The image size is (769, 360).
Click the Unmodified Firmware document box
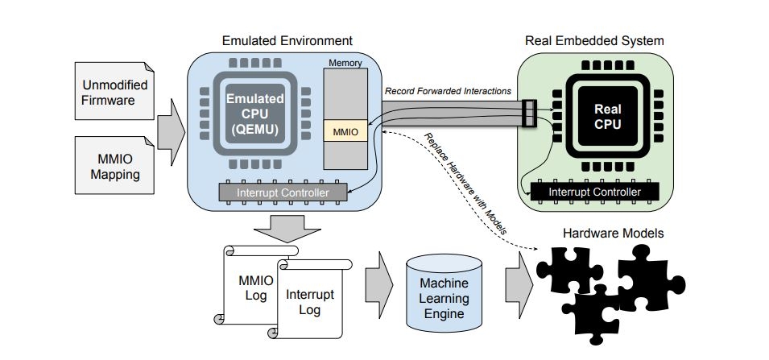[x=108, y=93]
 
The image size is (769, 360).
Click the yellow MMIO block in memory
[x=344, y=130]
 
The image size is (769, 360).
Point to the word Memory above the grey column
[x=345, y=63]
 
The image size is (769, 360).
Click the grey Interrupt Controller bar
[x=283, y=192]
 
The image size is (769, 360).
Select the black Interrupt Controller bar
[x=593, y=192]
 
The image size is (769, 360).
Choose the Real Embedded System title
[x=594, y=40]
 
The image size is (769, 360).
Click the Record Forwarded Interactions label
[x=447, y=91]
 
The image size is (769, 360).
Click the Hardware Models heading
[x=614, y=233]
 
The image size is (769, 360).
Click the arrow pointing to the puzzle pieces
[x=515, y=283]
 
